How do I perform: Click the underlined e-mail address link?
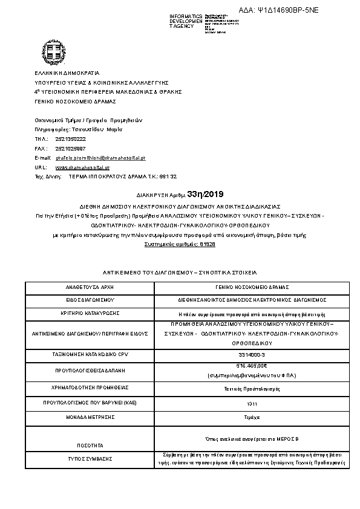[100, 157]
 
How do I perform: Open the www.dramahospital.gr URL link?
[82, 167]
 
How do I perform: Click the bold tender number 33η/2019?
[206, 194]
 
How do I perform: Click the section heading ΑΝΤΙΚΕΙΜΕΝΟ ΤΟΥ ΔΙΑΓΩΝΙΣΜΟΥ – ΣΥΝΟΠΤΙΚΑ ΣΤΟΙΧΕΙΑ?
[180, 273]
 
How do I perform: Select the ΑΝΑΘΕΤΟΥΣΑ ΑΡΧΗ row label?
[90, 287]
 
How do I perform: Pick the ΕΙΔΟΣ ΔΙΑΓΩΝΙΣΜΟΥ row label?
[90, 299]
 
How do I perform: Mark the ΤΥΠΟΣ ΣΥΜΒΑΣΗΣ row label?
[90, 459]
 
